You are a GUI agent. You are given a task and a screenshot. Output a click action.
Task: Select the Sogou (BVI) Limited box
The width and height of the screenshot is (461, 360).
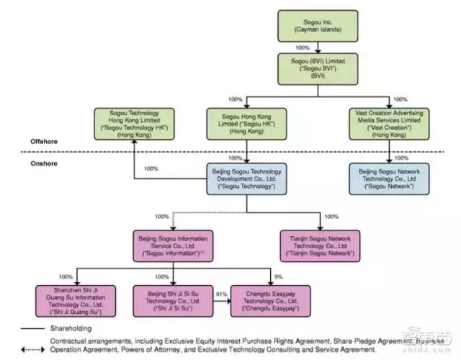[318, 71]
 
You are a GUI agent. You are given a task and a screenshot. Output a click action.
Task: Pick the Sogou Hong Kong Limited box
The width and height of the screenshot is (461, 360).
[246, 123]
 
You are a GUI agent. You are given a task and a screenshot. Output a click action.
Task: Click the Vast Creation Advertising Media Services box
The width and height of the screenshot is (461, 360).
[390, 123]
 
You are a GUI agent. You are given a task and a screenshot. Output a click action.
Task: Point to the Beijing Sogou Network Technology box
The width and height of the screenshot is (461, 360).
[390, 178]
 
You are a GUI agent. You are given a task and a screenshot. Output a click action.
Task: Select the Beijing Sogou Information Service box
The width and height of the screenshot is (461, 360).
[175, 246]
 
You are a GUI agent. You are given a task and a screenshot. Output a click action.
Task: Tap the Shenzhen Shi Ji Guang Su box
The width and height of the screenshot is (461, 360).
[76, 300]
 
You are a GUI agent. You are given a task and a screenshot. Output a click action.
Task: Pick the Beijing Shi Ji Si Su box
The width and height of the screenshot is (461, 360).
[174, 300]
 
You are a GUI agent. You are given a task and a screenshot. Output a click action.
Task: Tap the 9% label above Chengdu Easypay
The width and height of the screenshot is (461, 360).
[279, 277]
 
